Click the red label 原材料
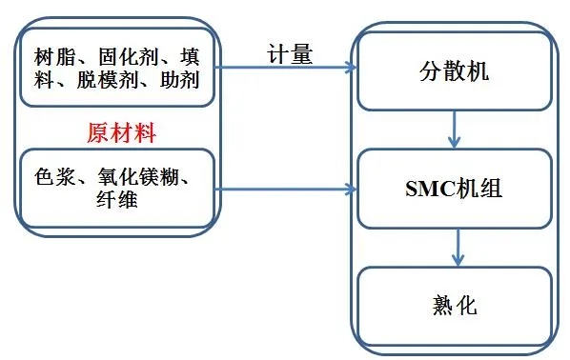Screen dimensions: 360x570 [x=121, y=131]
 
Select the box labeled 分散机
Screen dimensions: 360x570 [x=454, y=71]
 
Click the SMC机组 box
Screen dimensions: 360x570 [x=454, y=189]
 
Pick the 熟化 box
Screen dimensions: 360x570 [x=454, y=306]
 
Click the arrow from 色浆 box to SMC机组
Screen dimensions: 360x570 [x=286, y=189]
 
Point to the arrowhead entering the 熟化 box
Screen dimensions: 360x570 [x=458, y=261]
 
